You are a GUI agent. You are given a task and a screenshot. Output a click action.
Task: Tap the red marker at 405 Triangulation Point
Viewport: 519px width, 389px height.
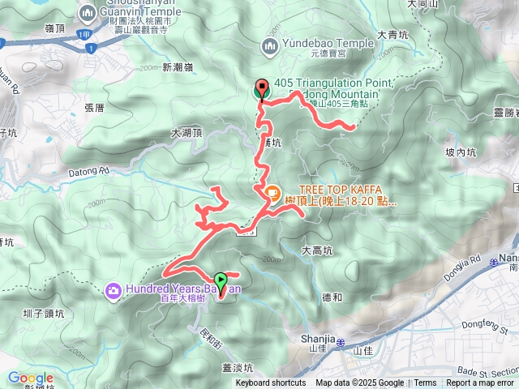click(x=261, y=89)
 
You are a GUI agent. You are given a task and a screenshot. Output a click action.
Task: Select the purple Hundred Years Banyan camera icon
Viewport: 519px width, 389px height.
click(x=114, y=289)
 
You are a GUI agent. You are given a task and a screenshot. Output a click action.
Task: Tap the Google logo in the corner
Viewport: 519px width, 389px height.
click(x=30, y=378)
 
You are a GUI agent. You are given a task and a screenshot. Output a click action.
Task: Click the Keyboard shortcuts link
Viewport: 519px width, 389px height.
click(x=271, y=383)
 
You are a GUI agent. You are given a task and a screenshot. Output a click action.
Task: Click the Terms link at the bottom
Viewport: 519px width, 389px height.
click(x=425, y=383)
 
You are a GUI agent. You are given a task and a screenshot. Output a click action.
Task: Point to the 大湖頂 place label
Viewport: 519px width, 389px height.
click(x=187, y=132)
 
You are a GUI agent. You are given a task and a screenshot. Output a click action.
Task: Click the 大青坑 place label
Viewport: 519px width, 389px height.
click(x=392, y=36)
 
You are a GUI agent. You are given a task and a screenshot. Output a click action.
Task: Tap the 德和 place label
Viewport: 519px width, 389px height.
click(x=332, y=297)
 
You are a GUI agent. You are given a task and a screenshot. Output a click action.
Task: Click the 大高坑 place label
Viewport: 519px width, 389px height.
click(x=316, y=251)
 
